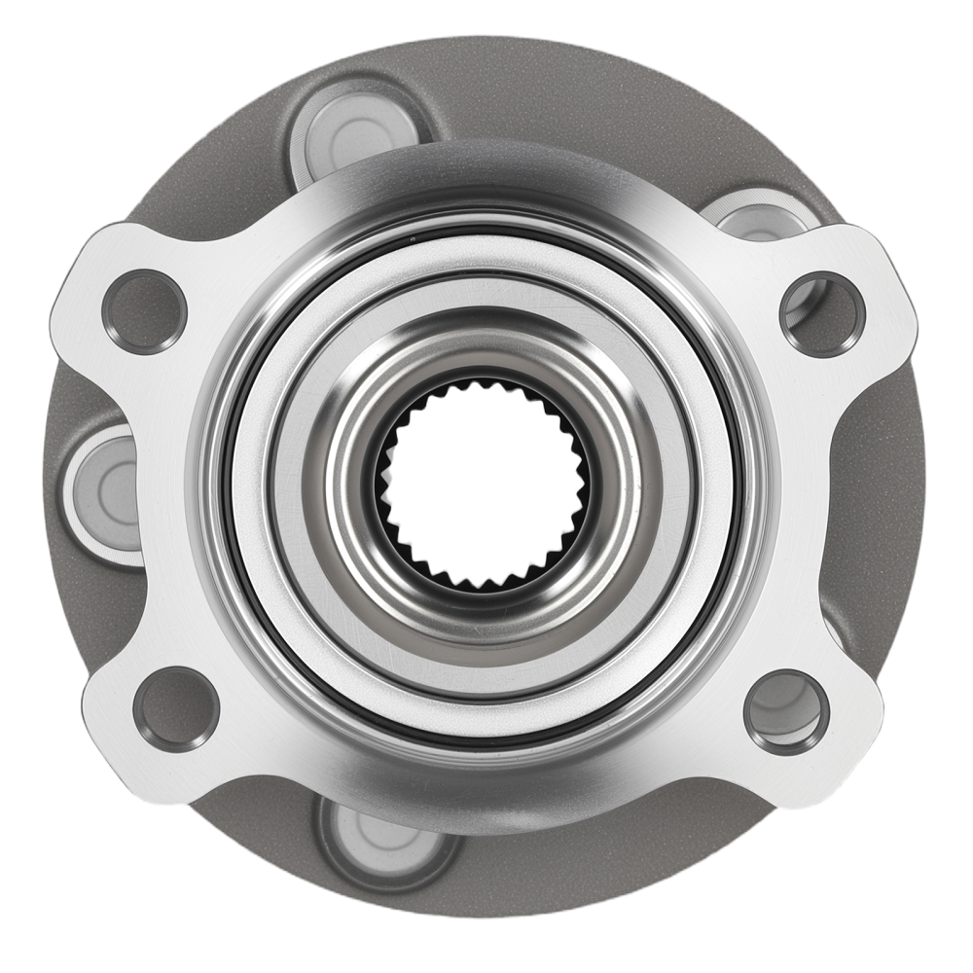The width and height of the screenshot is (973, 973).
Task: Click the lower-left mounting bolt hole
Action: pyautogui.click(x=175, y=708)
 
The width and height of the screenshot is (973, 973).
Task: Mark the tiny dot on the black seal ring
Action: pyautogui.click(x=413, y=236)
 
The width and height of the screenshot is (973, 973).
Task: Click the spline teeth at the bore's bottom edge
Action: pyautogui.click(x=483, y=581)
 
